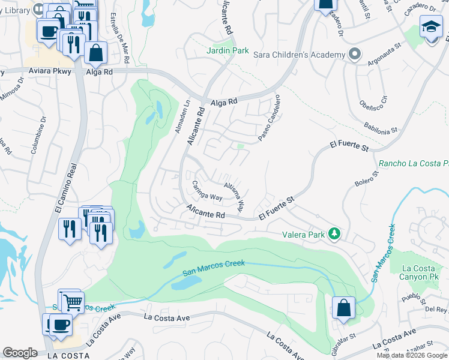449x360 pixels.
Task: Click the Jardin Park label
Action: click(228, 51)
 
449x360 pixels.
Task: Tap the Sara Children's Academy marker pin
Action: click(355, 55)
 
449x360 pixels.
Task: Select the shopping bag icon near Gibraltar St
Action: click(343, 308)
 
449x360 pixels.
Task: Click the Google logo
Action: click(20, 353)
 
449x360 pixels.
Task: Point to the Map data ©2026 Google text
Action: click(412, 355)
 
